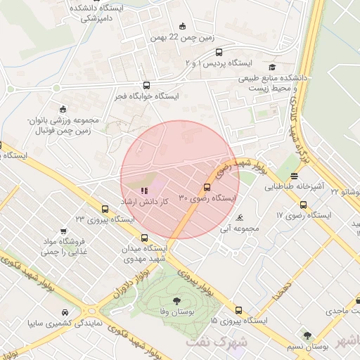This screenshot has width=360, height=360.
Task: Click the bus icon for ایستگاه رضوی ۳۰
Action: tap(207, 187)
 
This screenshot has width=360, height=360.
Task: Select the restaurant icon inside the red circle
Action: tap(144, 190)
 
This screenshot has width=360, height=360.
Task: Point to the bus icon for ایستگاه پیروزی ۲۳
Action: tap(105, 208)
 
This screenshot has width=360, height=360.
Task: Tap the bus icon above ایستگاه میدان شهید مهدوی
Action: tap(145, 238)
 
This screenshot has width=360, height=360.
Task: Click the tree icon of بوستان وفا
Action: tap(176, 302)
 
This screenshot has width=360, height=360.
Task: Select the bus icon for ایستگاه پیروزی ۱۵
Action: tap(239, 309)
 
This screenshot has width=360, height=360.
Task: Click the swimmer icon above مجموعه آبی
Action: tap(242, 217)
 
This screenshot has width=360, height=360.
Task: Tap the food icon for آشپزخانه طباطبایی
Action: tap(293, 176)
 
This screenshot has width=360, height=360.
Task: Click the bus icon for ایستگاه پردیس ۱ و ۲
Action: tap(219, 52)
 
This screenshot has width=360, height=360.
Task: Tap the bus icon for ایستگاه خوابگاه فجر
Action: tap(146, 85)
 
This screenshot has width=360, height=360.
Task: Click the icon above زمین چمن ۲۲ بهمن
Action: tap(184, 27)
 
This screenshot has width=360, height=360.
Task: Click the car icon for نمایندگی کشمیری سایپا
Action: tap(65, 313)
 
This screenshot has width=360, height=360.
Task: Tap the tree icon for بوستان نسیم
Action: tap(307, 335)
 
